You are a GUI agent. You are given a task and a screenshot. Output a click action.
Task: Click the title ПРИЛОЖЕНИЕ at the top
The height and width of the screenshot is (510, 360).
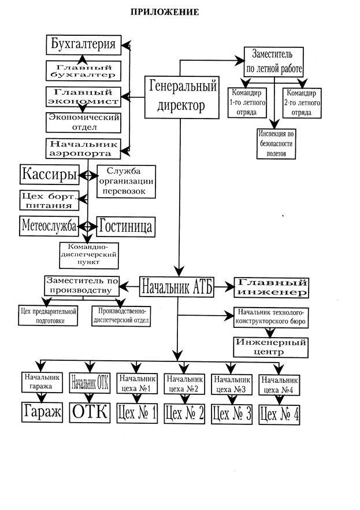click(164, 12)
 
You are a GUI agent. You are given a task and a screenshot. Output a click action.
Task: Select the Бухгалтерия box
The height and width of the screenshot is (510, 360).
click(83, 44)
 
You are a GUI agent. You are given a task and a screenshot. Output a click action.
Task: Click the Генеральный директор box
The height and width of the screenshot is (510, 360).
click(181, 97)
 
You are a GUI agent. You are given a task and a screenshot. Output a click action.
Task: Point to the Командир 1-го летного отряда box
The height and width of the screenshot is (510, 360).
click(247, 102)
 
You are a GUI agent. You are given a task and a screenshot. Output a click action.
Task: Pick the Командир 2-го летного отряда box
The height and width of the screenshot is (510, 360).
click(300, 102)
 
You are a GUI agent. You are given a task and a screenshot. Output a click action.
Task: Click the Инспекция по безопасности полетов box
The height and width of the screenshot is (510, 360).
click(277, 143)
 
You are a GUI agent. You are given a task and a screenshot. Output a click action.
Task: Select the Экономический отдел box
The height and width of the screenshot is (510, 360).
click(83, 122)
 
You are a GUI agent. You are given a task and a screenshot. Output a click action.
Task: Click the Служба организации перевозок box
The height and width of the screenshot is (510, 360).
click(127, 180)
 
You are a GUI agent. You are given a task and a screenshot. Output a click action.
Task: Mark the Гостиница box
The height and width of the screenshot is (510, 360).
click(125, 226)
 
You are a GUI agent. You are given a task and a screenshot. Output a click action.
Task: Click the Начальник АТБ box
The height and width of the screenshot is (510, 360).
click(177, 286)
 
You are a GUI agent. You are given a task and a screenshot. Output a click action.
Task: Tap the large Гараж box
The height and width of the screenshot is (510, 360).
click(41, 412)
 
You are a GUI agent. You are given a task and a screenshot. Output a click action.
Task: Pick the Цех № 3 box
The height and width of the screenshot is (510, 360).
click(232, 413)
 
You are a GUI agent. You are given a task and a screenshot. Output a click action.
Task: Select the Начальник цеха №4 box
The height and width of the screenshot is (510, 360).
click(280, 385)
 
